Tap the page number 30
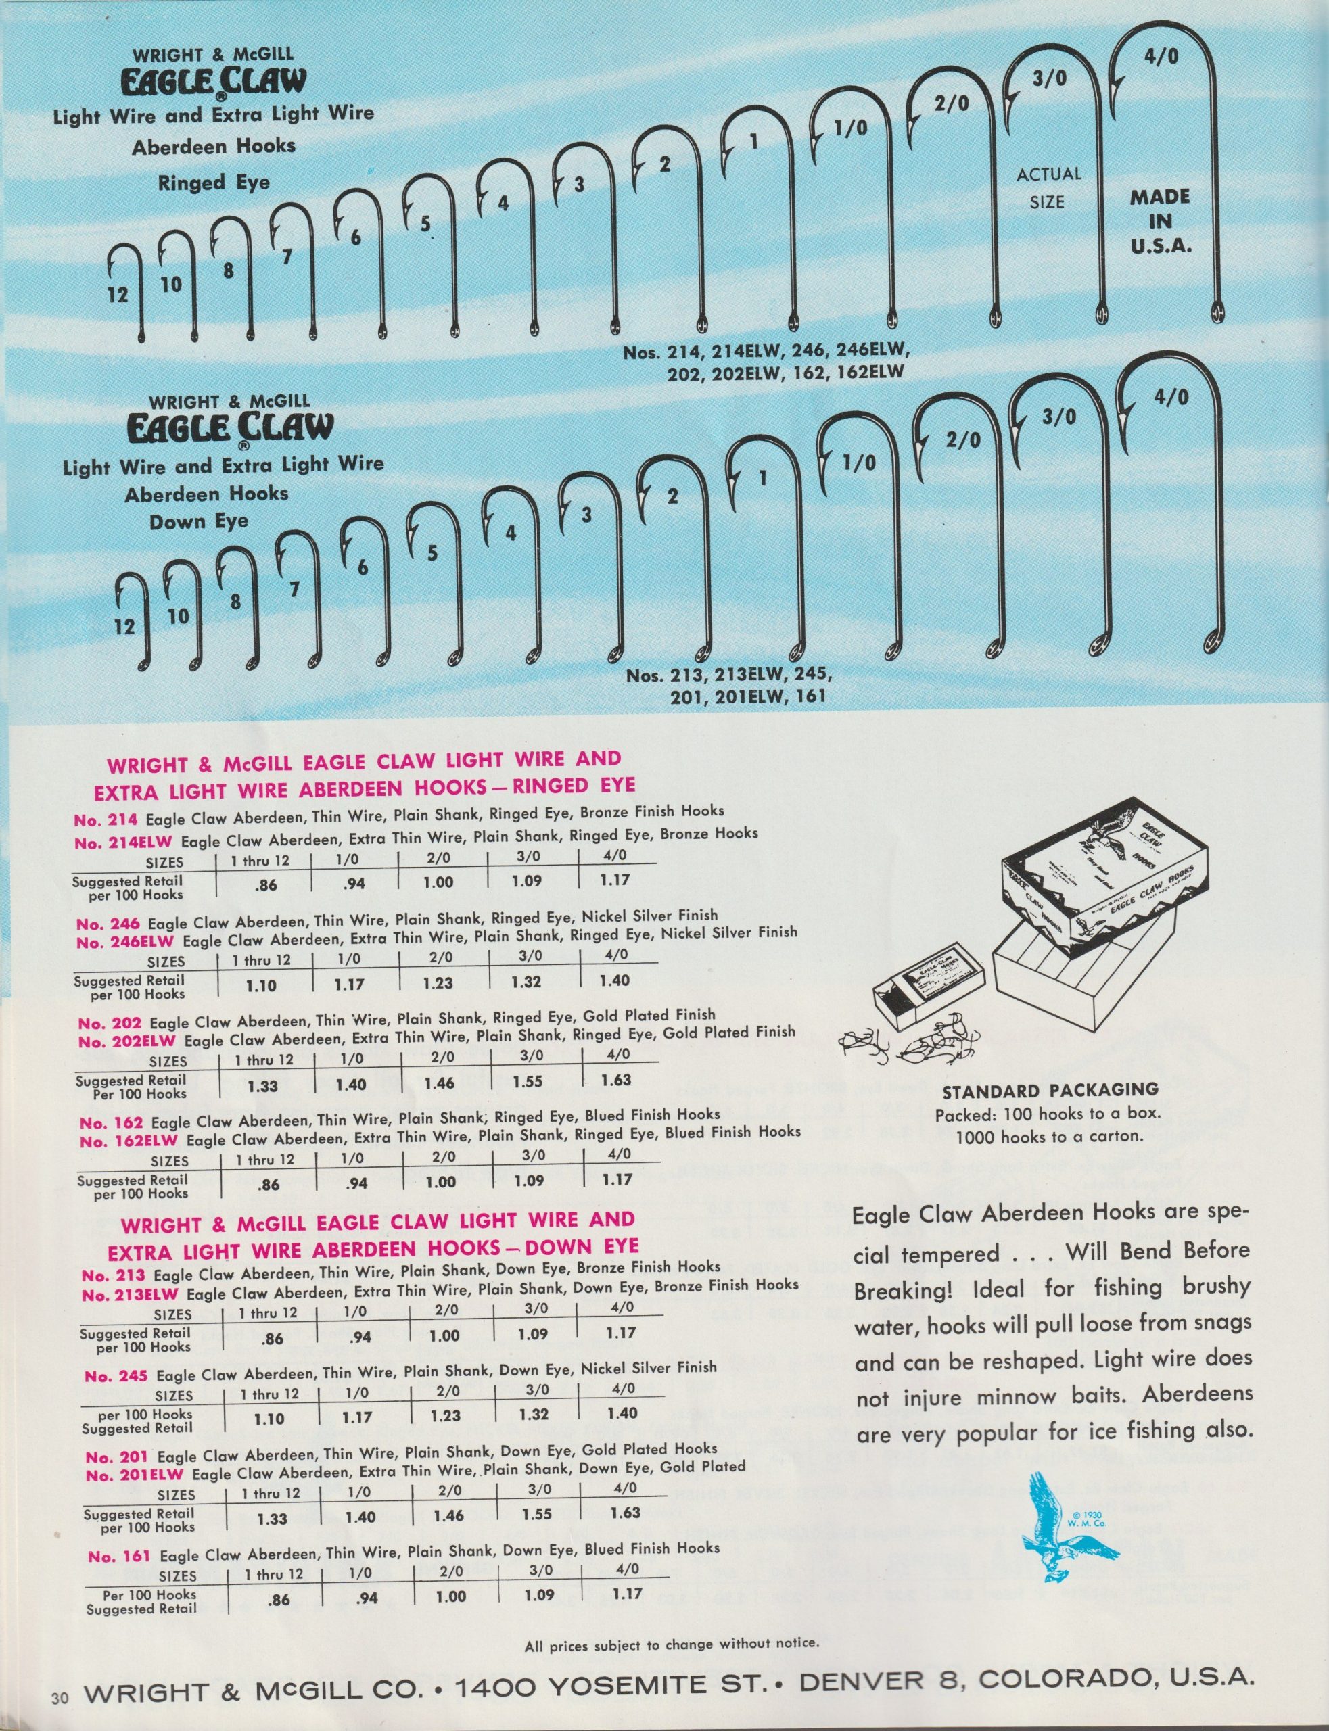(60, 1693)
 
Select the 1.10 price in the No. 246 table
(261, 985)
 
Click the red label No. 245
(116, 1377)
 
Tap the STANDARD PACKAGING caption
(1050, 1090)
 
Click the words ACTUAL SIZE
(1048, 187)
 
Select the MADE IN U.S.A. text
(1160, 220)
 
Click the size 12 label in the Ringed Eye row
(117, 295)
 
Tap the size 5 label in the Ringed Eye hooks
(425, 224)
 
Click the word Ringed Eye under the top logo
(214, 183)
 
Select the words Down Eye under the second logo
(199, 521)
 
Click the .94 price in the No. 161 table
(367, 1599)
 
